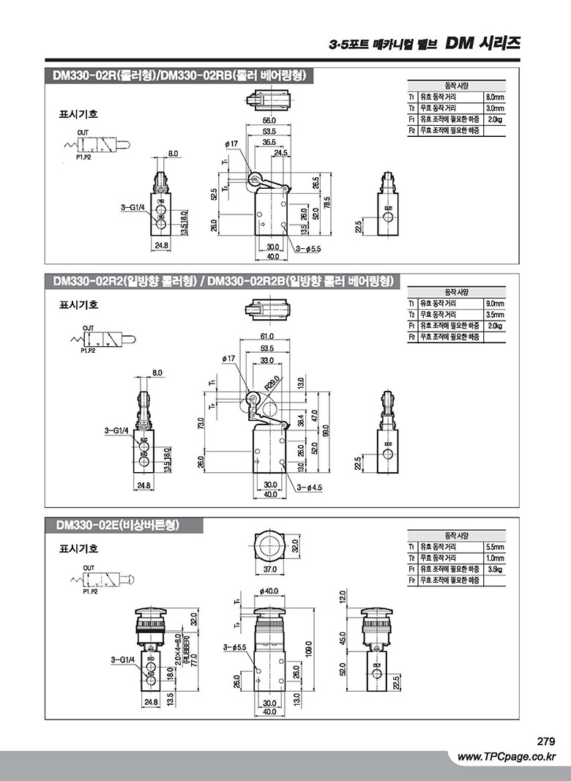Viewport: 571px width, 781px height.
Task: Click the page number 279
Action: [x=546, y=741]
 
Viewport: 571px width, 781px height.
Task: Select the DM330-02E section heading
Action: [x=117, y=525]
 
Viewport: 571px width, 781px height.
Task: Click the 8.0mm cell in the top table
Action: [x=495, y=97]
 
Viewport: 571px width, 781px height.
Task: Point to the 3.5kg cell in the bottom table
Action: [x=495, y=569]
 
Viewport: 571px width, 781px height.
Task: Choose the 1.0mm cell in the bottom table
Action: [x=495, y=558]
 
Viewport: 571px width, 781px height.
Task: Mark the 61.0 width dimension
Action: [x=266, y=336]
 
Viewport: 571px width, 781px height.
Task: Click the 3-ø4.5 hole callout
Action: [x=310, y=487]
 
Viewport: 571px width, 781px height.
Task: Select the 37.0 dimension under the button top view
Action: [x=269, y=569]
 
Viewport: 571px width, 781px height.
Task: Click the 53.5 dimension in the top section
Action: [x=269, y=131]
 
